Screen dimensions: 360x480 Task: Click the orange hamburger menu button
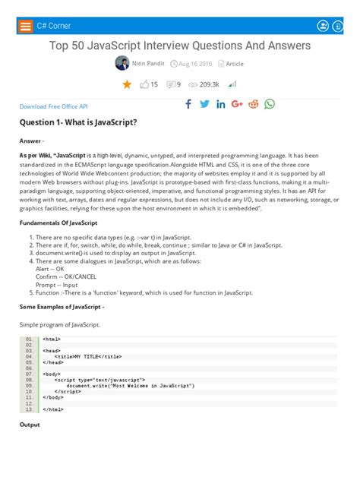point(26,25)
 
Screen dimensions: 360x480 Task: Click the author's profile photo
point(122,64)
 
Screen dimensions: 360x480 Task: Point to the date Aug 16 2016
point(195,64)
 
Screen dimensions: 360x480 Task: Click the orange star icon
point(127,84)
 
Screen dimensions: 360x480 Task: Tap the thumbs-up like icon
point(144,84)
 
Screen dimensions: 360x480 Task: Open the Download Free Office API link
point(54,107)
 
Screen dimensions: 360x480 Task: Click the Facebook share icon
point(188,104)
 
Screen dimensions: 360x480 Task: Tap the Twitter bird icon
point(204,104)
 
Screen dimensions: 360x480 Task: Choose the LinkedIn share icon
point(221,104)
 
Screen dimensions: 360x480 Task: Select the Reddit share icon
point(253,104)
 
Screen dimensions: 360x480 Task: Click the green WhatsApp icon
point(270,104)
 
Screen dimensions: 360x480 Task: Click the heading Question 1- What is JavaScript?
point(78,122)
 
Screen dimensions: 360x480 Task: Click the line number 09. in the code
point(29,379)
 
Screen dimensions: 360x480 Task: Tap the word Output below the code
point(30,425)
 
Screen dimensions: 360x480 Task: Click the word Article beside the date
point(235,64)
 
